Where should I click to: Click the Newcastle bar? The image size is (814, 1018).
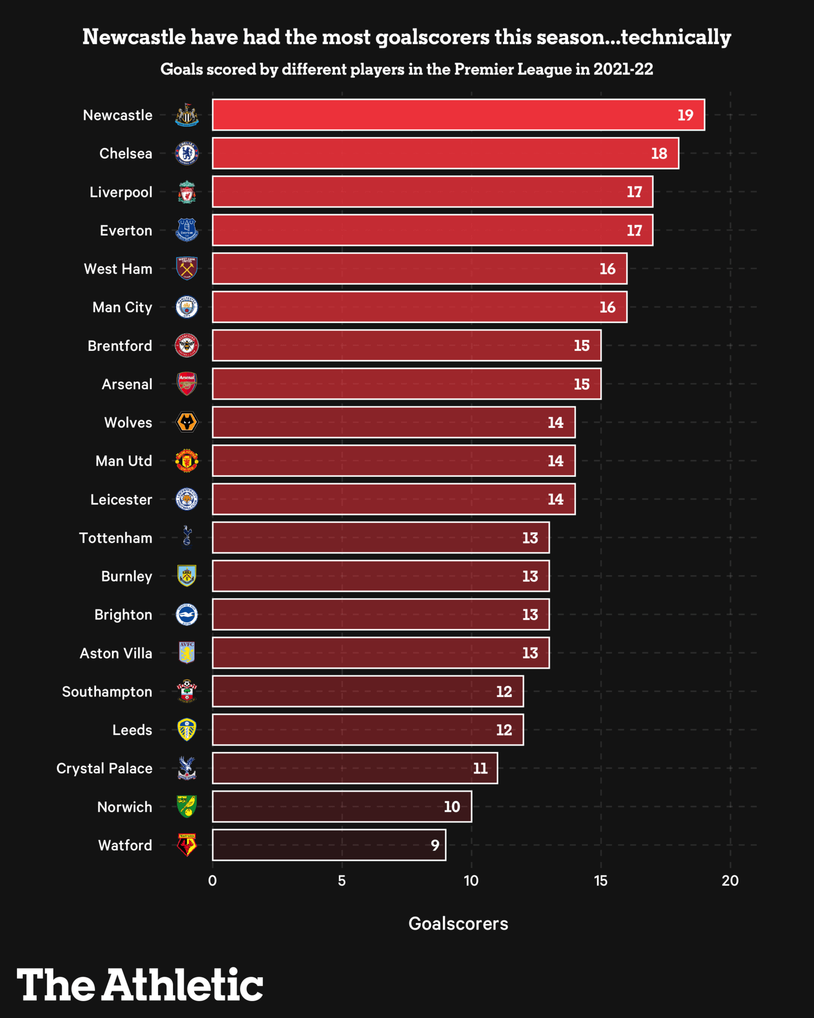point(458,115)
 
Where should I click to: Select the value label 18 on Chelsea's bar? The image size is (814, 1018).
point(659,154)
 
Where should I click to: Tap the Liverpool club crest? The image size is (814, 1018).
point(187,192)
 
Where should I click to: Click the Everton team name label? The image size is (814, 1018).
point(126,231)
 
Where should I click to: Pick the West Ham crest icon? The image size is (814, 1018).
point(187,269)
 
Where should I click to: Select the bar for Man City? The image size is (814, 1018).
point(419,307)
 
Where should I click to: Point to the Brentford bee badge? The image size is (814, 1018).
point(187,345)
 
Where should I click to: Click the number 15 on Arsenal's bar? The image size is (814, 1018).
point(581,384)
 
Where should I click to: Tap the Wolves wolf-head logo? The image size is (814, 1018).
point(187,423)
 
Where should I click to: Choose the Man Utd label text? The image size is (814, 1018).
point(124,461)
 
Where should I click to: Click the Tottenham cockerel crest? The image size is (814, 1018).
point(187,537)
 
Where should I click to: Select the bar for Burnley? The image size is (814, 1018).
point(380,576)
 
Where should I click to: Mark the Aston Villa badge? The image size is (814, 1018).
point(187,653)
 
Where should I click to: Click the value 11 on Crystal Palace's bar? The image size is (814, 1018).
point(480,768)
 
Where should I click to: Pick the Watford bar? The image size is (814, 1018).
point(328,845)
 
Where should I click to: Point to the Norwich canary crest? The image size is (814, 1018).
point(187,806)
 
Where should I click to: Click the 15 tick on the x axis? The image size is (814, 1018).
point(600,881)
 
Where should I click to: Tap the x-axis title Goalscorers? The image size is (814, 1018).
point(458,924)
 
